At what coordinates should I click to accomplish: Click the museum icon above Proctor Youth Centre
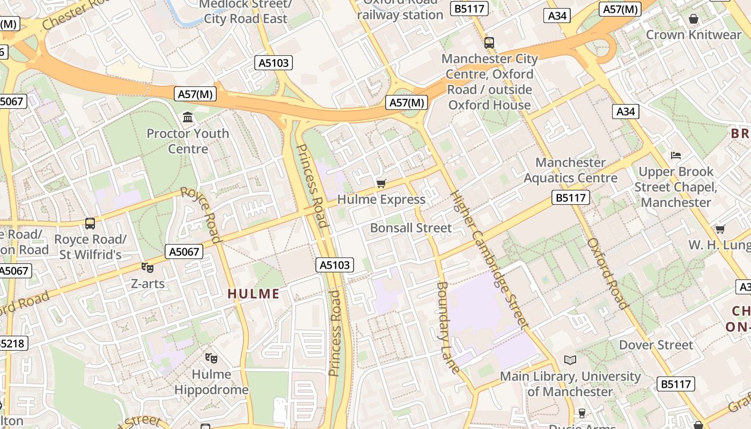(188, 117)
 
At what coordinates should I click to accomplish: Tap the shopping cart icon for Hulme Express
(381, 184)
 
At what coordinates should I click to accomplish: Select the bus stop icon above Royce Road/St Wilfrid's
(90, 224)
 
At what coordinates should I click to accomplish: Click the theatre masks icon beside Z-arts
(148, 267)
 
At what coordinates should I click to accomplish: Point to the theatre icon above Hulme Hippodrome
(211, 358)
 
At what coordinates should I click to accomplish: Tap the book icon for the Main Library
(570, 360)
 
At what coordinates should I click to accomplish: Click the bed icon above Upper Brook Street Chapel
(676, 156)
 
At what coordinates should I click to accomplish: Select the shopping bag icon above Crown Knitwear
(694, 19)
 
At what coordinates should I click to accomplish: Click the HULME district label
(254, 294)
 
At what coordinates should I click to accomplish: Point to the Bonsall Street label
(411, 228)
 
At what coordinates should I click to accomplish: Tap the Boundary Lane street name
(448, 327)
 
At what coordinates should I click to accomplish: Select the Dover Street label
(656, 345)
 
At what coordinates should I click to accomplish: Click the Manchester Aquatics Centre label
(570, 170)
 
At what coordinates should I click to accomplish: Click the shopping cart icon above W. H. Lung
(720, 230)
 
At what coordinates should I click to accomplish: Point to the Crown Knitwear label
(694, 35)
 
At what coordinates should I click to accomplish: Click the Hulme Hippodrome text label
(211, 382)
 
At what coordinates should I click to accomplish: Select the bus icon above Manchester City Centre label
(489, 43)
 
